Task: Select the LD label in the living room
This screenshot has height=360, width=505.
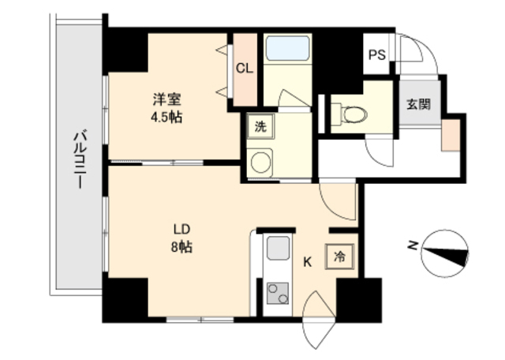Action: tap(181, 230)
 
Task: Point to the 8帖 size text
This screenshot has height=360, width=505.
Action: tap(181, 246)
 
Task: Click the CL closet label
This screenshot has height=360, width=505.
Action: tap(245, 69)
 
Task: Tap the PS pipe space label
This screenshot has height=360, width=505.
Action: tap(377, 55)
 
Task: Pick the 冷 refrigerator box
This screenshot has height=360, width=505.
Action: tap(339, 257)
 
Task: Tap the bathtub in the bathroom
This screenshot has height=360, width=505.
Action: tap(287, 49)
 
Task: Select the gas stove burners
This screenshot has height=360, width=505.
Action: tap(278, 294)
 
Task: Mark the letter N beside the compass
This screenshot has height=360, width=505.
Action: tap(412, 246)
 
